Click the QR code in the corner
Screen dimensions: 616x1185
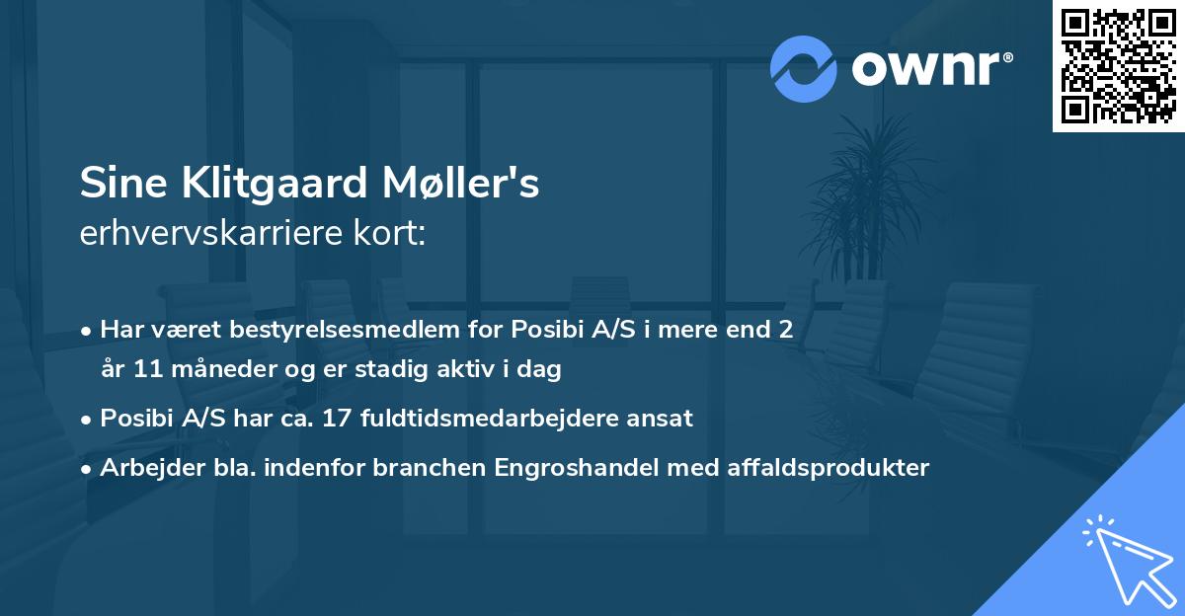click(x=1119, y=66)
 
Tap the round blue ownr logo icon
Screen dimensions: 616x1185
click(x=804, y=69)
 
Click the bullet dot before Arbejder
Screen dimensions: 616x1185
click(x=87, y=468)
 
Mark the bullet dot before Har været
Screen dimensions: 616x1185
click(x=87, y=330)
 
